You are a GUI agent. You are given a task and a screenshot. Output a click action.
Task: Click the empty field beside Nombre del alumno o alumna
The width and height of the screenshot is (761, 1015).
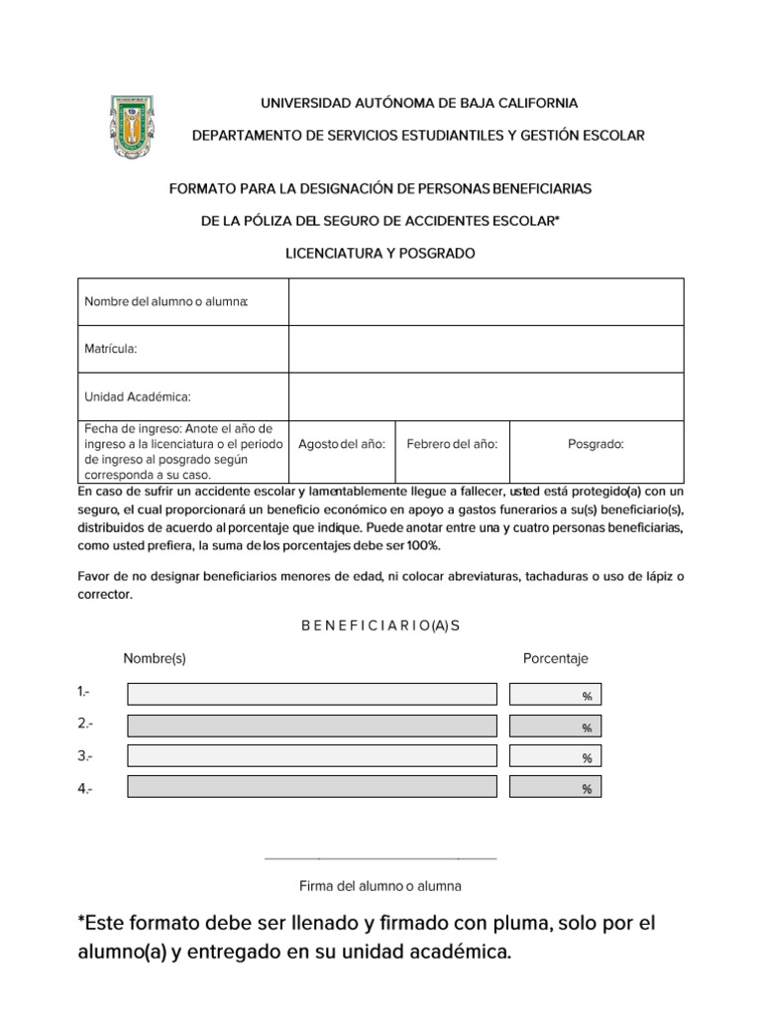[486, 301]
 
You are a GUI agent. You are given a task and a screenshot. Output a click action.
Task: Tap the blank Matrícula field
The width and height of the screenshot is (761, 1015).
[486, 349]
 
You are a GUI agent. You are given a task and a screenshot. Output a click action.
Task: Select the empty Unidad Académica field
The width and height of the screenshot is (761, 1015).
[486, 396]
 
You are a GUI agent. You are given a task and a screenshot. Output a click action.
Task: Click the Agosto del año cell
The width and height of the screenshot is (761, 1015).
[342, 445]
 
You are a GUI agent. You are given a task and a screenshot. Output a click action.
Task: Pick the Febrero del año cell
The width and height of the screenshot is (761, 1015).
[452, 445]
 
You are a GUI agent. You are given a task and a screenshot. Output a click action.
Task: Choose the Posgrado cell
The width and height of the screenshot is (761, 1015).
[596, 445]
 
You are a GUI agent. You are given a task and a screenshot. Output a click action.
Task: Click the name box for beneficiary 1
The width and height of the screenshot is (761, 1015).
[312, 694]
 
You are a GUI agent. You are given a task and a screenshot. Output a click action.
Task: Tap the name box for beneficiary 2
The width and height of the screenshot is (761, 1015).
[312, 726]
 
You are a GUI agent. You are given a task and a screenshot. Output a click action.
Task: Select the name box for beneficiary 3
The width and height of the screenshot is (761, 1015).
[312, 756]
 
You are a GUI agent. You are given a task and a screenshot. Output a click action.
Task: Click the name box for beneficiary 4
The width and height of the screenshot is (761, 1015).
[312, 787]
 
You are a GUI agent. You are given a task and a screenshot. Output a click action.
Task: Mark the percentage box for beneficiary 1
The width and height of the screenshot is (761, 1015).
[555, 695]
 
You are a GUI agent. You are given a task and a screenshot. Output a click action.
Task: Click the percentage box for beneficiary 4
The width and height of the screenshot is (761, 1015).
[555, 788]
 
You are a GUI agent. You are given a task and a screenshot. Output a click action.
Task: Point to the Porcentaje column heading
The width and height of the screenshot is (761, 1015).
[555, 658]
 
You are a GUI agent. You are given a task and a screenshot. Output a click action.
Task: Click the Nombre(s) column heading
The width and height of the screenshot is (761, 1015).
[155, 658]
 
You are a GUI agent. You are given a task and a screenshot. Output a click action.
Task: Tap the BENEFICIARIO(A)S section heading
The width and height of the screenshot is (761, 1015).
[380, 625]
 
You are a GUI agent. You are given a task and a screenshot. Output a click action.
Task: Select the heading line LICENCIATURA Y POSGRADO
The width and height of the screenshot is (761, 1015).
[380, 254]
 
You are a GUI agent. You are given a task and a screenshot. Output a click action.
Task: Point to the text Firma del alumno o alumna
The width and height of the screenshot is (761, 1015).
[380, 885]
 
